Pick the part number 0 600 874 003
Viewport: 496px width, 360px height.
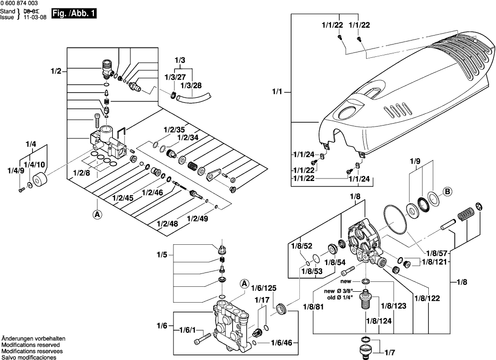(x=19, y=3)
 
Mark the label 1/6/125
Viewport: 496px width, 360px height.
(x=264, y=288)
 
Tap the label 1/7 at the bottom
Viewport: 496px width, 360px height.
(x=390, y=352)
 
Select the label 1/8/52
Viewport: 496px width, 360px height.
(x=301, y=246)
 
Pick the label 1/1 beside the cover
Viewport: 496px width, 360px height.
(x=277, y=91)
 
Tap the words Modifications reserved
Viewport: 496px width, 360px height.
(x=31, y=345)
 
